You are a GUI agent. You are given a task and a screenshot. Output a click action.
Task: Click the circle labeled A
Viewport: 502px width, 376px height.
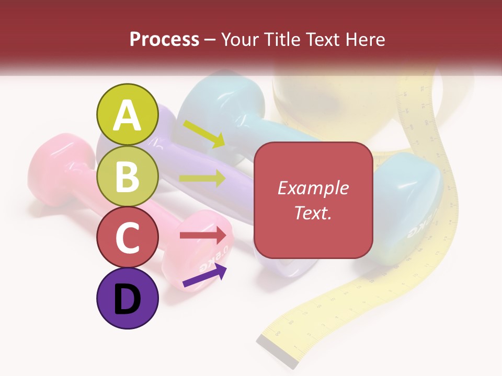pos(128,114)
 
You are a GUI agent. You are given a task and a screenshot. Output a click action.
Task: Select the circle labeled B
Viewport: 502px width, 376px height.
pos(128,176)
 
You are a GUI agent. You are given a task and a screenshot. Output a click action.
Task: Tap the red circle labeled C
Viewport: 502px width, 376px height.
pos(128,237)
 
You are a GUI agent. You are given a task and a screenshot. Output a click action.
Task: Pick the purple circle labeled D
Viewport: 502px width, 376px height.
pos(128,298)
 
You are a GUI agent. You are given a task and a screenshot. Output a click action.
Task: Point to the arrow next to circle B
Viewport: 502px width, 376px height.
pos(203,179)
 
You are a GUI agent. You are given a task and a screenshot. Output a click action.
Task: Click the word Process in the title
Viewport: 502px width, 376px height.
pos(164,39)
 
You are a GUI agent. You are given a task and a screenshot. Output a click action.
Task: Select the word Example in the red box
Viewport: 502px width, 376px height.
pos(313,189)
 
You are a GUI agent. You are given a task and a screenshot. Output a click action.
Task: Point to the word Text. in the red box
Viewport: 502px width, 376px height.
pos(313,213)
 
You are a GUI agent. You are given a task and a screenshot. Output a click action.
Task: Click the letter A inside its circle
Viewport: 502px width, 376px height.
pos(128,115)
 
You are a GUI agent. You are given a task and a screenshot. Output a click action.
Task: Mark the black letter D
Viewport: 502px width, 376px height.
pos(128,299)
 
